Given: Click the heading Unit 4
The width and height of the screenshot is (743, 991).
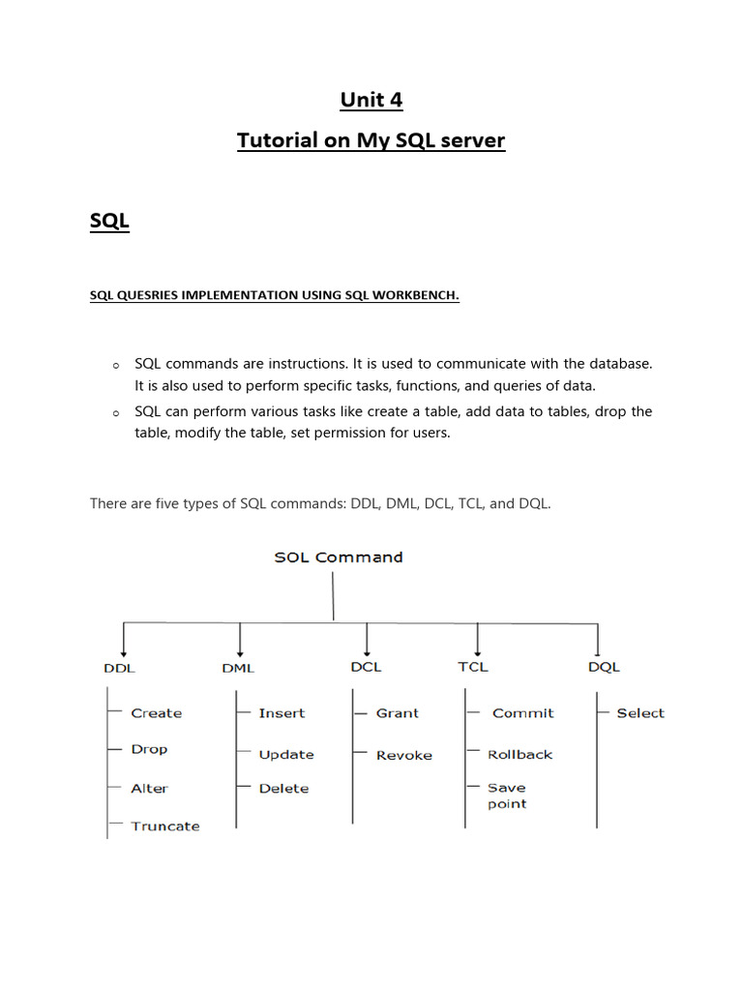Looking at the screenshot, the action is [371, 100].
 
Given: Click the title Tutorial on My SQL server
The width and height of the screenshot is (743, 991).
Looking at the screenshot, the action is [371, 141].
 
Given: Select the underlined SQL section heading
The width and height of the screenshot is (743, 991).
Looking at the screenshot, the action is [109, 222].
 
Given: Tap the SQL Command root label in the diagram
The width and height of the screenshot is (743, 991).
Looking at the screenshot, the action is [339, 557].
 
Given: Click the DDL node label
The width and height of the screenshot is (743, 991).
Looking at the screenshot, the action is [119, 668].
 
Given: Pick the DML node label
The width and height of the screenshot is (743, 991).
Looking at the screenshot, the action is [238, 668].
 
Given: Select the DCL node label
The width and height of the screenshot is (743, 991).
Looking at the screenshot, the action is [366, 667].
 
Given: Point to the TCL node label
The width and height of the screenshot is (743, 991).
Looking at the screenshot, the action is [473, 667].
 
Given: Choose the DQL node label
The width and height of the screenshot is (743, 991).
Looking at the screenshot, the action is [604, 668].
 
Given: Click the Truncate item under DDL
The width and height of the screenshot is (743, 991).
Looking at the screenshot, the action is [165, 826].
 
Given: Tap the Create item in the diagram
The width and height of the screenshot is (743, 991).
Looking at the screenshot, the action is [156, 713].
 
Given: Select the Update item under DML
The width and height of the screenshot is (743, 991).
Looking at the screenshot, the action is [286, 755].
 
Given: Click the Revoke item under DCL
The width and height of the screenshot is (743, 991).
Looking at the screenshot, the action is [404, 755].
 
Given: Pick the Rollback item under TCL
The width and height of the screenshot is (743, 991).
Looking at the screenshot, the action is [520, 755].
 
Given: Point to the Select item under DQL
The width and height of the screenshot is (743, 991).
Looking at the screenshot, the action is [640, 713].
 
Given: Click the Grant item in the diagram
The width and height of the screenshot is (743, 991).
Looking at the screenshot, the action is [398, 713].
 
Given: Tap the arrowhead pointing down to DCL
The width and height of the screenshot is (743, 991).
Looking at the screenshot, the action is [368, 651].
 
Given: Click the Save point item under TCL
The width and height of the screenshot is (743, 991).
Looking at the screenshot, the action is [507, 796].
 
